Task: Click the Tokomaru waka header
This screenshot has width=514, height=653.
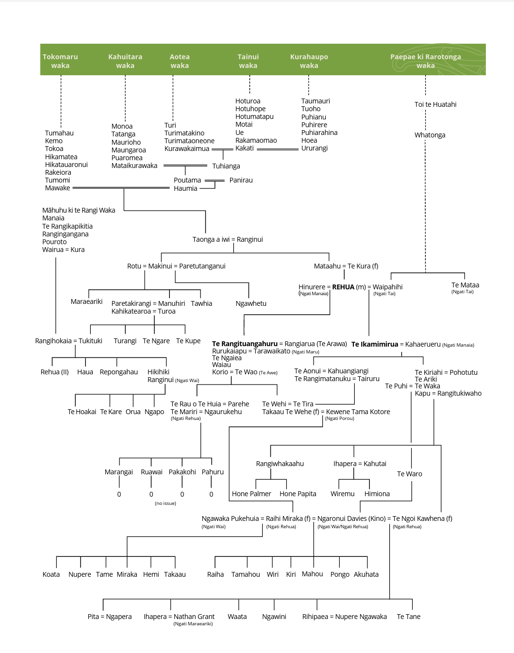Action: tap(60, 61)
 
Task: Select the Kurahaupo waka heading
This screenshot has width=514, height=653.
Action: tap(309, 61)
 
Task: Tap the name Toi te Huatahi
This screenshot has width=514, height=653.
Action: tap(435, 104)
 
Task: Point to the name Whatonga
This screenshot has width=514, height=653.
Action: tap(430, 135)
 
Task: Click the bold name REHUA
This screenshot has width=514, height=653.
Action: tap(343, 287)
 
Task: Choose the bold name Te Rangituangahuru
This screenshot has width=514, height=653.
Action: tap(245, 344)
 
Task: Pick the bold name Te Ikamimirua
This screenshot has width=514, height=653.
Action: tap(375, 344)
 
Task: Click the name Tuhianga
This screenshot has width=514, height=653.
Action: tap(226, 166)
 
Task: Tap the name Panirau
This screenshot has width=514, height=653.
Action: tap(241, 180)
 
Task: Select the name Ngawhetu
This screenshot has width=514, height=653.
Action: tap(251, 303)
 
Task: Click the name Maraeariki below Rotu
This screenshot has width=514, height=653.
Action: tap(86, 301)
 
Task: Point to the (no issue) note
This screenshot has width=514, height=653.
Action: tap(166, 503)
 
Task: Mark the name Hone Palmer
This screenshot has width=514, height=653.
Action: tap(251, 494)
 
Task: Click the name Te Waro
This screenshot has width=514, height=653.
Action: tap(409, 474)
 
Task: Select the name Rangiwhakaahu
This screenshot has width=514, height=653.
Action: tap(280, 464)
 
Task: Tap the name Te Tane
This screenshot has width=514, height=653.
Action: tap(408, 617)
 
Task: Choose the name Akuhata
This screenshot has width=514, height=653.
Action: tap(366, 574)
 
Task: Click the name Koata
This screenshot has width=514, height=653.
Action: tap(51, 574)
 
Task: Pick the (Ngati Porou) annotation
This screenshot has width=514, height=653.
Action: tap(339, 419)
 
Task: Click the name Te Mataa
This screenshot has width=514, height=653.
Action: tap(465, 285)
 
